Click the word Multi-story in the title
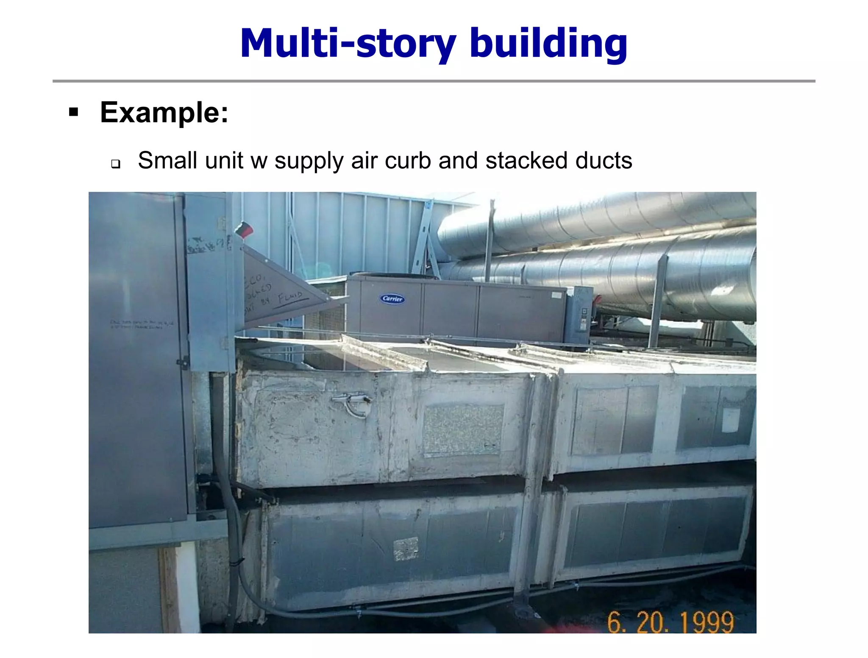tap(348, 44)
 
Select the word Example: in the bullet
tap(164, 113)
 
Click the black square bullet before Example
tap(74, 112)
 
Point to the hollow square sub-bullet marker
tap(115, 164)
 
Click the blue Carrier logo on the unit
tap(392, 299)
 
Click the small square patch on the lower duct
tap(406, 548)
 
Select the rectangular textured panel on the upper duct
tap(463, 429)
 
